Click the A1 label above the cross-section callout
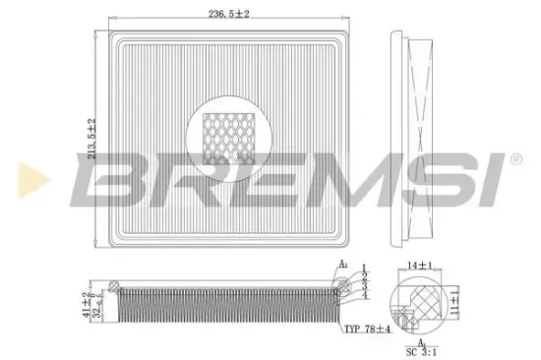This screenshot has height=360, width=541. pos(342,265)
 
